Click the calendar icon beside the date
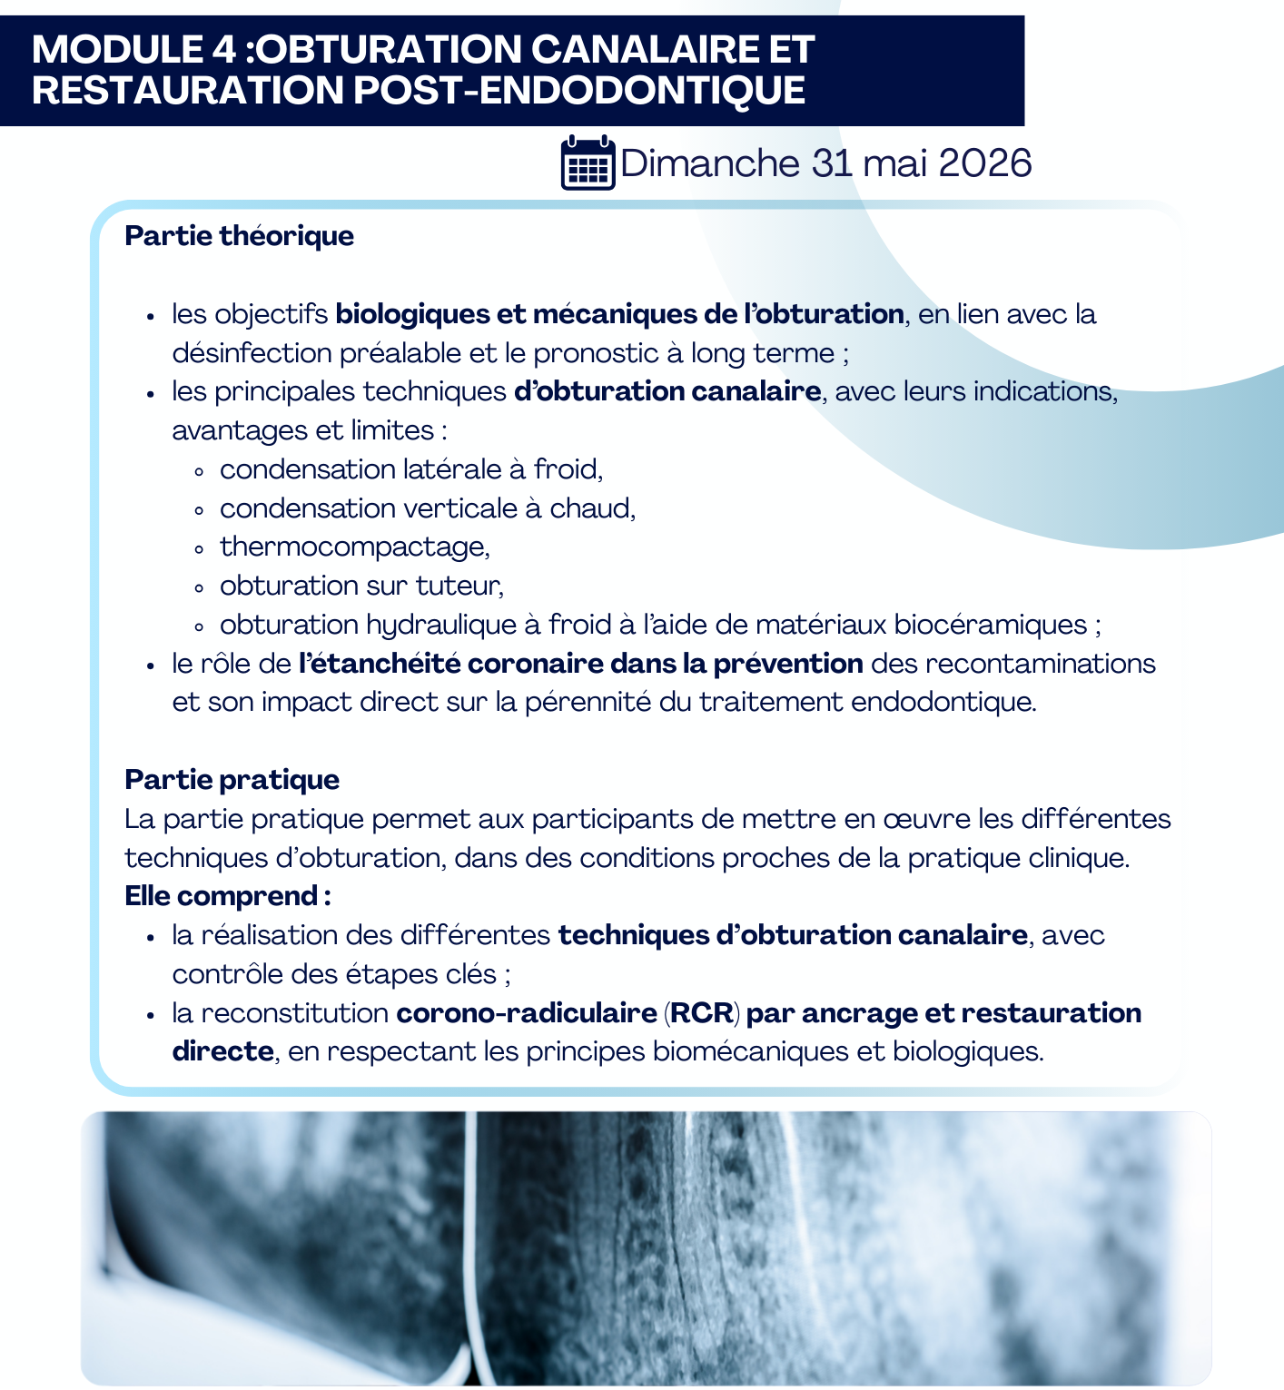click(588, 163)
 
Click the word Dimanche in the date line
click(709, 163)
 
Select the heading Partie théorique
click(239, 236)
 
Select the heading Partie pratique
click(232, 780)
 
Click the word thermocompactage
click(354, 547)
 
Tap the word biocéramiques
click(990, 626)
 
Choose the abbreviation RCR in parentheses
click(702, 1013)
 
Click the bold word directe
click(222, 1052)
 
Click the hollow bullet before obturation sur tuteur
click(199, 587)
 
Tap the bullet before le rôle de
click(152, 665)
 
